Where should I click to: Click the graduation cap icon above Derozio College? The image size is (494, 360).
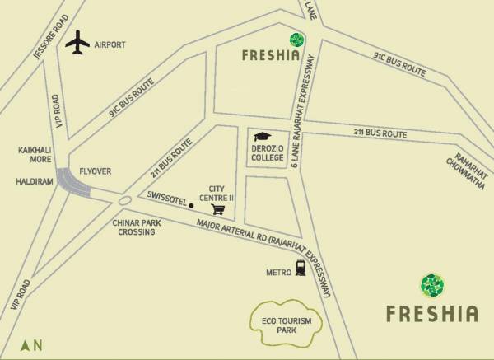[263, 136]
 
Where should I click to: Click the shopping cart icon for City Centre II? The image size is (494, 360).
[218, 208]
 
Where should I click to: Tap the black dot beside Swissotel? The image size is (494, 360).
[191, 204]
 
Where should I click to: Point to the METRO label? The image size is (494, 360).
[276, 270]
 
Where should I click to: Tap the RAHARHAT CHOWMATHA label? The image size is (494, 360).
[468, 169]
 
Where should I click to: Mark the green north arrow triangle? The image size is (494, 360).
[26, 344]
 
